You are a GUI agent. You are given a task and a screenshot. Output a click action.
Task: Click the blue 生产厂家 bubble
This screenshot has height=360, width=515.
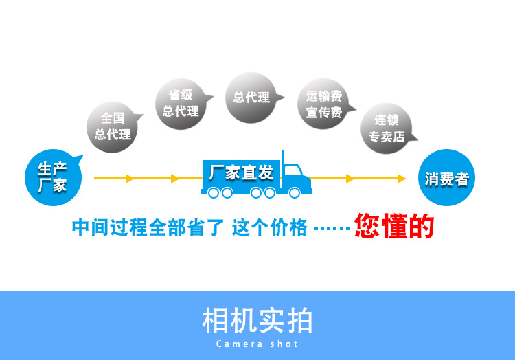coord(52,177)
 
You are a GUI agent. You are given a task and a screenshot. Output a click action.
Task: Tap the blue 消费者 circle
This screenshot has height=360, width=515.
coord(446,178)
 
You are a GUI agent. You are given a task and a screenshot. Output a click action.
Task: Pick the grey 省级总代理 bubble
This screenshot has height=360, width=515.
coord(181,103)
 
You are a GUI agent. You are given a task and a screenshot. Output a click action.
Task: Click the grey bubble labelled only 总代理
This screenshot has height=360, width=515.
coord(251,98)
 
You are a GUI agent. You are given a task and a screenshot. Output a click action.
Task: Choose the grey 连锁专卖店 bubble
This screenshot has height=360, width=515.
coord(387,128)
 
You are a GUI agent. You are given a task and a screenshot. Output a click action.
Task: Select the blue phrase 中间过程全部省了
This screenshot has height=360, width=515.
coord(148,227)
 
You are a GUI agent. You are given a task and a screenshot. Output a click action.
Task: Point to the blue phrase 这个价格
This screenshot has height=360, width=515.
coord(269,227)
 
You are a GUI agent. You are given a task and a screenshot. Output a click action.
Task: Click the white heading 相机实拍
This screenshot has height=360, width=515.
coord(257,321)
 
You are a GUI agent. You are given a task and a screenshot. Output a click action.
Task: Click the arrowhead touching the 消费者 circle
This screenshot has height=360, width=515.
coord(402,179)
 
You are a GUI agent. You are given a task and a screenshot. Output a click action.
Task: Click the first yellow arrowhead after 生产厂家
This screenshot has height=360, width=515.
coord(130,179)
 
